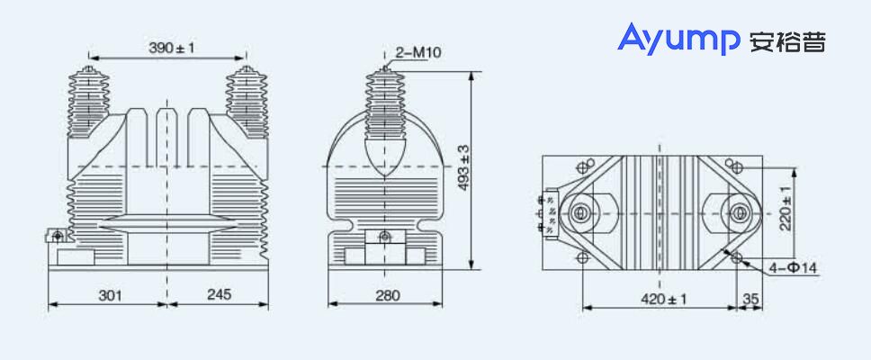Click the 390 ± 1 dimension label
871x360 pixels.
tap(172, 48)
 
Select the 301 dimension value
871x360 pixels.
tap(109, 295)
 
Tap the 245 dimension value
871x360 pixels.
tap(219, 295)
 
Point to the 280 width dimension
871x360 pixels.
tap(386, 295)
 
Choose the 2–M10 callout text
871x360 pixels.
tap(418, 53)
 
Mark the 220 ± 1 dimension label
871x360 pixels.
tap(786, 209)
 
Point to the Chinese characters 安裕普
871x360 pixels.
tap(786, 40)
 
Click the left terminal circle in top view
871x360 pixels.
tap(581, 213)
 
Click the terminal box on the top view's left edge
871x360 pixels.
tap(546, 213)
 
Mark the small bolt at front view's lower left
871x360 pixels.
tap(58, 237)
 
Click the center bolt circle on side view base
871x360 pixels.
tap(385, 237)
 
